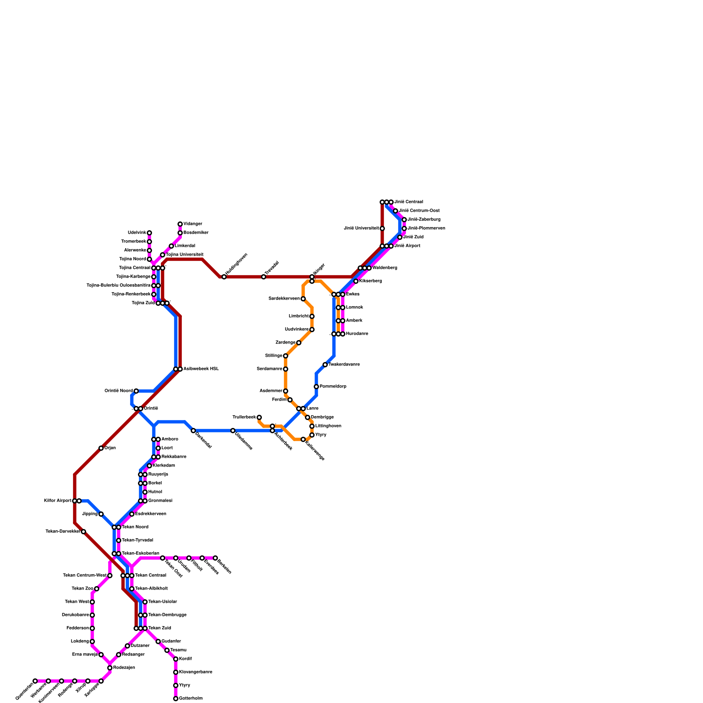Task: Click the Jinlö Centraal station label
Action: pos(408,202)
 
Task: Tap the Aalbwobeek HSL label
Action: pos(201,369)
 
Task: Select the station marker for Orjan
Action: pos(101,448)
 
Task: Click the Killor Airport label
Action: pos(58,501)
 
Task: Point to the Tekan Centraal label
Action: pos(150,576)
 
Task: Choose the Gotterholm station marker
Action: pos(176,699)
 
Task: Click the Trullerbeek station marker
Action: pos(259,417)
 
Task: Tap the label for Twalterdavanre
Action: pos(344,365)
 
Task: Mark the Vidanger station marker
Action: pos(180,224)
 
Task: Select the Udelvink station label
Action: pos(137,233)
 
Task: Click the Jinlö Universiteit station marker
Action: pos(382,228)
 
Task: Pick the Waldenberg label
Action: pos(384,268)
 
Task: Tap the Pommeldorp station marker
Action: pos(316,387)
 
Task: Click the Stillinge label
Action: pos(274,356)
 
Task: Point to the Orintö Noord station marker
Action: pos(136,391)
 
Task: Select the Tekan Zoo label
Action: pos(82,589)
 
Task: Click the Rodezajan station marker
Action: pos(110,668)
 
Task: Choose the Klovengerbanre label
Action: pos(196,672)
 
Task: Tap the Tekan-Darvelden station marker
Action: pos(83,532)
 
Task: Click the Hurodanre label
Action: pos(357,334)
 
